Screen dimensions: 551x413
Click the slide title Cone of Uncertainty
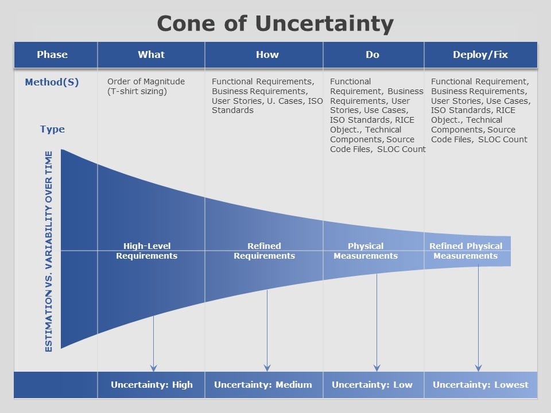pyautogui.click(x=275, y=24)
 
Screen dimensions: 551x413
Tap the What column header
pyautogui.click(x=151, y=55)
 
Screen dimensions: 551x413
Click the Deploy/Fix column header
pyautogui.click(x=481, y=55)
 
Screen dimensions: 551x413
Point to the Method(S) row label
pyautogui.click(x=52, y=82)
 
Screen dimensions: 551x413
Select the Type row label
pyautogui.click(x=52, y=129)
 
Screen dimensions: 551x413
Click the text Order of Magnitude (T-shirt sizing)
pyautogui.click(x=146, y=87)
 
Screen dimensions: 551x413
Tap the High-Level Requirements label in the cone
pyautogui.click(x=146, y=251)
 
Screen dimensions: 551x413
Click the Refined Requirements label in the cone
pyautogui.click(x=264, y=251)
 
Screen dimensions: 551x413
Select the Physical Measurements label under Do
pyautogui.click(x=366, y=251)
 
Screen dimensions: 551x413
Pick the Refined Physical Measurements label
pyautogui.click(x=465, y=251)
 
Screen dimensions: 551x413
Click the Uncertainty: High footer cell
pyautogui.click(x=152, y=385)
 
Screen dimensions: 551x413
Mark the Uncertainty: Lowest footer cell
pyautogui.click(x=481, y=385)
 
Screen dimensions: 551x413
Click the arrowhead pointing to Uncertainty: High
pyautogui.click(x=154, y=368)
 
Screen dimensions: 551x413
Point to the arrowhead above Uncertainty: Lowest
pyautogui.click(x=478, y=368)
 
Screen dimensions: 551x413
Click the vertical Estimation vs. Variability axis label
pyautogui.click(x=48, y=251)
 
